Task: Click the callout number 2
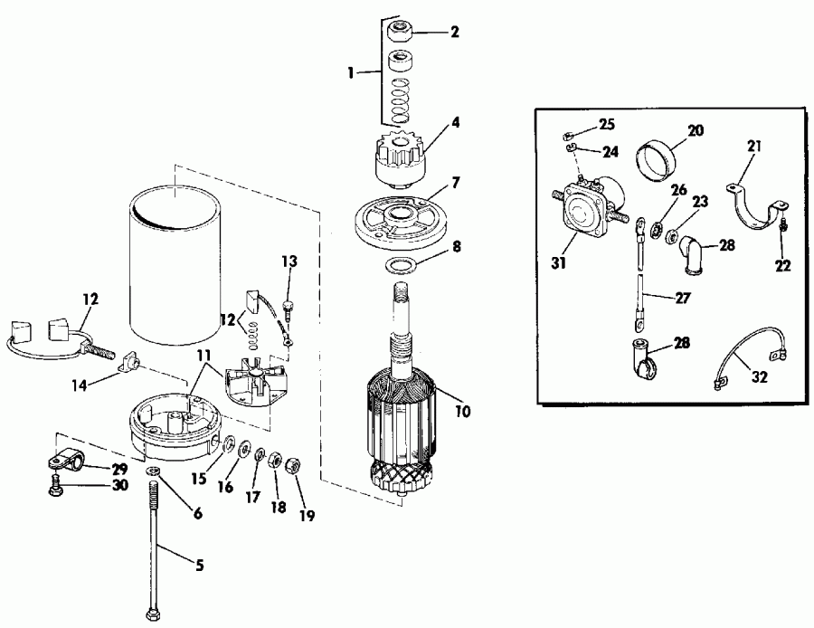pos(454,33)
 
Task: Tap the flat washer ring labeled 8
pos(398,266)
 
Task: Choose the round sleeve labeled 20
pos(658,159)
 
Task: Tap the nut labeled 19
pos(292,467)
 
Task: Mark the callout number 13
pos(288,262)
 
